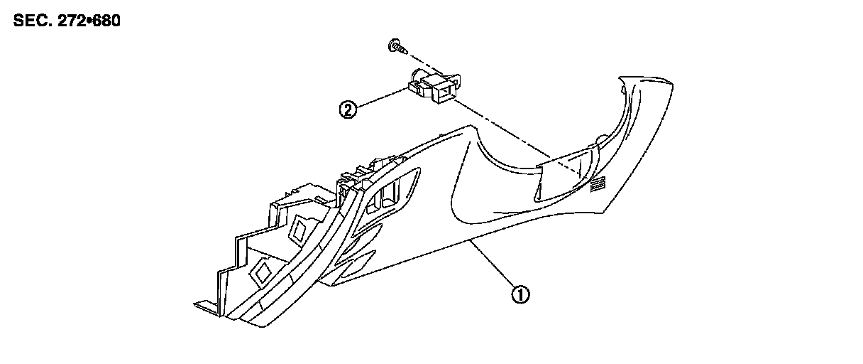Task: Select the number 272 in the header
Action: pos(72,21)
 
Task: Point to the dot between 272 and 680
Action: pos(89,21)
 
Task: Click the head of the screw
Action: pos(391,45)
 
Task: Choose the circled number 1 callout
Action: pos(520,294)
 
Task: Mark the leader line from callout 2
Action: pos(379,97)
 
